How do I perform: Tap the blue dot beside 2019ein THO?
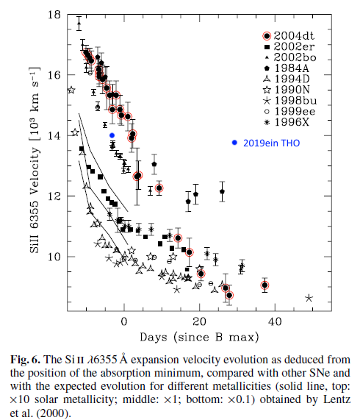234,143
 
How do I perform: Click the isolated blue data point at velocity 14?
112,135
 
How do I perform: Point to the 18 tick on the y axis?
54,15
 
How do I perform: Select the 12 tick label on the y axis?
54,196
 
